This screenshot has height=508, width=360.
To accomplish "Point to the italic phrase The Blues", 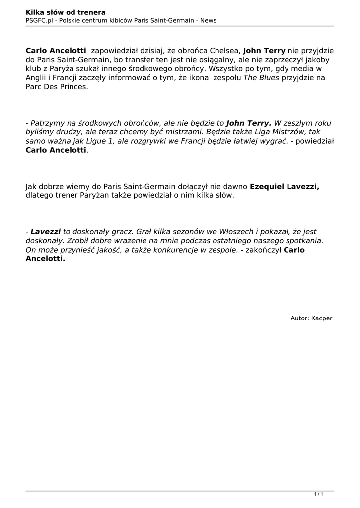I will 261,78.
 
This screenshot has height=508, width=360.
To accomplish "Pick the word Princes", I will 71,87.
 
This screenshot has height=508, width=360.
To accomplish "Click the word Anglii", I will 37,78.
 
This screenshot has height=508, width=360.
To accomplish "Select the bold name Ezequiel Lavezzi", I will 284,186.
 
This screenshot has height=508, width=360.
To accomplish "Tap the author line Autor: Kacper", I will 311,318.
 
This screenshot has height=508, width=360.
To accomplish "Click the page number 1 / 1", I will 318,494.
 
